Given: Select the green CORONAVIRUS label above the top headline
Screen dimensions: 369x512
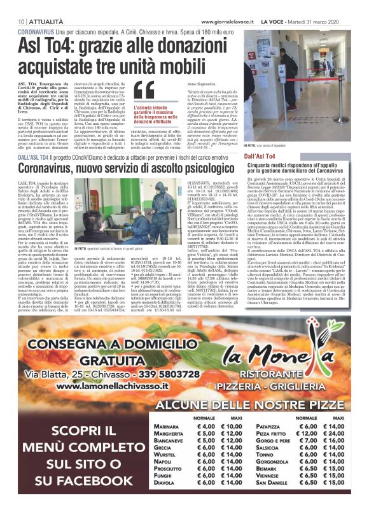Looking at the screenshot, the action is point(35,31).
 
